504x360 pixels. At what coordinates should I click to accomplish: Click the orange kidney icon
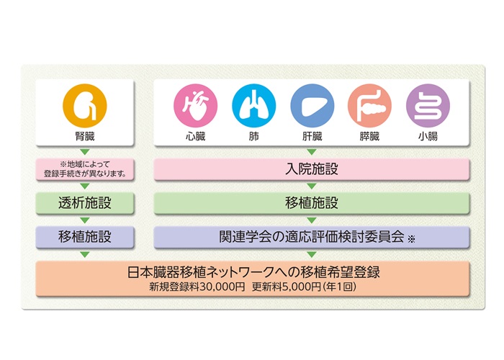84,106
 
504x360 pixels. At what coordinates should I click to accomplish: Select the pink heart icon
195,106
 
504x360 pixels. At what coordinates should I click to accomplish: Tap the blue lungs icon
253,106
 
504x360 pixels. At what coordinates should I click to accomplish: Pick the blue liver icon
312,106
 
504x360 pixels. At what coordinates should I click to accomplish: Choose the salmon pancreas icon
369,106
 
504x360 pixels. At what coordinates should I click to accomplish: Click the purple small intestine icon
428,106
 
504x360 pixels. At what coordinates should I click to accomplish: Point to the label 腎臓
85,136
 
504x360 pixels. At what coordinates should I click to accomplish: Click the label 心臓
195,136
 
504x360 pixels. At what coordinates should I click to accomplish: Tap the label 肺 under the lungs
253,136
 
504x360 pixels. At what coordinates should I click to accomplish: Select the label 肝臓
312,136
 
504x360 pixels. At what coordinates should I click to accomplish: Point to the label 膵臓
369,136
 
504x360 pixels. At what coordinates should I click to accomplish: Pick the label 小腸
428,136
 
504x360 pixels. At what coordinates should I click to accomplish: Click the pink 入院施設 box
312,169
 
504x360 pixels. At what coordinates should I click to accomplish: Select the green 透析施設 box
84,203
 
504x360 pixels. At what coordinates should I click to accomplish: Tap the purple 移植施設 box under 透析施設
84,237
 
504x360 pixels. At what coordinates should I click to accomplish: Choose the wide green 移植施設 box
312,203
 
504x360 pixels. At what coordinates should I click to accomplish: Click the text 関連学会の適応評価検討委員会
312,237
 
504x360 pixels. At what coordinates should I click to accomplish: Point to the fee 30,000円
222,287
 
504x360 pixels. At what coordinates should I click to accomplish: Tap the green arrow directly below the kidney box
84,152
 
